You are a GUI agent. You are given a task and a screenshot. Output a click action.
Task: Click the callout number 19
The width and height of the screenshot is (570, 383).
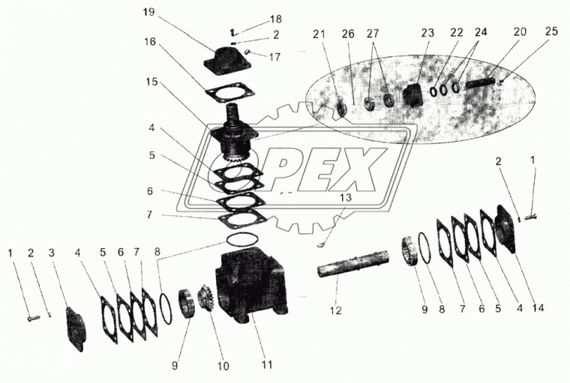pos(148,12)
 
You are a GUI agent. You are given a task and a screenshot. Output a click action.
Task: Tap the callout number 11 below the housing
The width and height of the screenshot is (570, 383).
pos(267,364)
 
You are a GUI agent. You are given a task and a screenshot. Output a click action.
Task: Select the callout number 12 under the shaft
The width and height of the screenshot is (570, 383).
pos(336,310)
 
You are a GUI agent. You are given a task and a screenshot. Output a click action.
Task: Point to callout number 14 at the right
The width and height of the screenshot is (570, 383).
pos(538,307)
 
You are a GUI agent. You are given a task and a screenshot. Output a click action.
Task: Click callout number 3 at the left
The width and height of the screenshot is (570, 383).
pos(51,253)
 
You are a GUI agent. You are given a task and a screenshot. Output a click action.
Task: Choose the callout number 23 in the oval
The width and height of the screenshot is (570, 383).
pos(427,33)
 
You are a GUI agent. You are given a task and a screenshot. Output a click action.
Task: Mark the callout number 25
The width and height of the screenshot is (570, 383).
pos(551,31)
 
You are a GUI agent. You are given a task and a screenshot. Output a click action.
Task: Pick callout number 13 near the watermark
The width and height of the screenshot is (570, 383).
pos(346,197)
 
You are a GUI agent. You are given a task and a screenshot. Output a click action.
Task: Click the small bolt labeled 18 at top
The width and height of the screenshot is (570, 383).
pos(233,32)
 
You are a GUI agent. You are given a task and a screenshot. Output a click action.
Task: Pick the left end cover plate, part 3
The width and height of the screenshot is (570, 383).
pos(76,329)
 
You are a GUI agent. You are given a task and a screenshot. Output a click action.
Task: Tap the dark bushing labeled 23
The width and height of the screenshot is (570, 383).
pos(412,95)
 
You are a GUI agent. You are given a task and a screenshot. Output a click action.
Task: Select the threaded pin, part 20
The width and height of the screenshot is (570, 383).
pos(481,83)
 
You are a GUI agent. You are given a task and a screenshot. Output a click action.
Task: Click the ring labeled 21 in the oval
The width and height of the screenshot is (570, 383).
pos(342,109)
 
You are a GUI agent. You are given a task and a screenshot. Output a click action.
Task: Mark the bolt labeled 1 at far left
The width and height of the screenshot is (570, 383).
pos(33,318)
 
